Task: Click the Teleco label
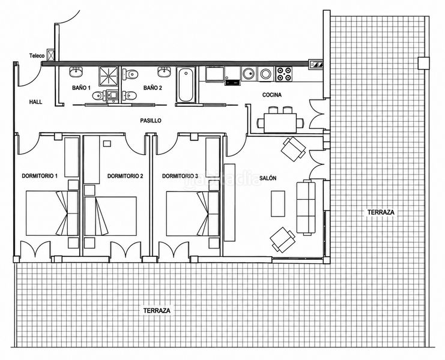[37, 56]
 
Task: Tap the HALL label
[36, 102]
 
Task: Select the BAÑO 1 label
[81, 88]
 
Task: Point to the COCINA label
[272, 95]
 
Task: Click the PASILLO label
[151, 121]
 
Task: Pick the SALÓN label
[268, 178]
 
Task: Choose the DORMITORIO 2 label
[125, 176]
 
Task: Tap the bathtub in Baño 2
[186, 85]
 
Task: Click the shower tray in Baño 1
[109, 76]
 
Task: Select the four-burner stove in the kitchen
[284, 74]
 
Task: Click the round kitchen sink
[249, 74]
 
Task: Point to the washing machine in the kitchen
[266, 74]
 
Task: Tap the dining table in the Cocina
[280, 123]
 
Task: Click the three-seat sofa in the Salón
[306, 208]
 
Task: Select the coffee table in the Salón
[278, 203]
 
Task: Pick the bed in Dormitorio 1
[52, 213]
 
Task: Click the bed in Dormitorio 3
[193, 214]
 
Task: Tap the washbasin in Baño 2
[165, 72]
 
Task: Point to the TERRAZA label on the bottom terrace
[157, 310]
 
